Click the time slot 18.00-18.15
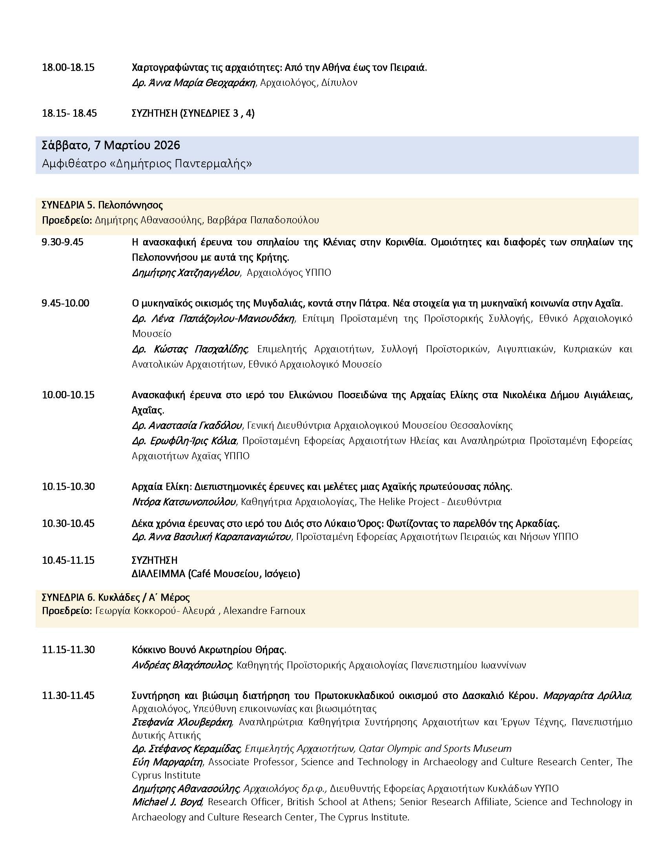68,67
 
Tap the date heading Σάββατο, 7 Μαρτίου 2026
111,145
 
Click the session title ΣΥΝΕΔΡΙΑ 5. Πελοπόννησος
102,205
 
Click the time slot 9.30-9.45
62,242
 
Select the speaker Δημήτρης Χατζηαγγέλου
186,273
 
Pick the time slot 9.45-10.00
66,303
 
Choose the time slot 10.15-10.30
68,486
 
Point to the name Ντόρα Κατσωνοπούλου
184,502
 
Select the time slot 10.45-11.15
68,560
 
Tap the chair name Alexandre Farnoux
264,610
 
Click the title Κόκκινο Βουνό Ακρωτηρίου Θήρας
209,650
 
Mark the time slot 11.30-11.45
68,695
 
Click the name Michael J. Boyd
167,802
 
